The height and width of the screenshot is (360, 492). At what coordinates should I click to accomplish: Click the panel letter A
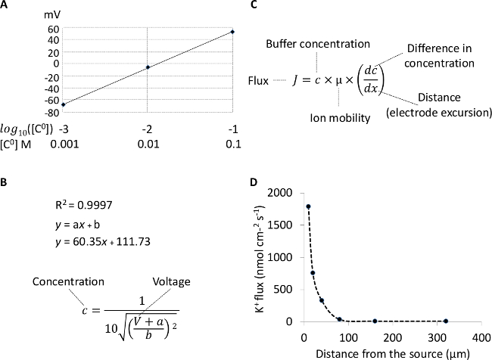pyautogui.click(x=5, y=5)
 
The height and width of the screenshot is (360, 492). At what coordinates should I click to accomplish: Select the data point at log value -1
pyautogui.click(x=232, y=32)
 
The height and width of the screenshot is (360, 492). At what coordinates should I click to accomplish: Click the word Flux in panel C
pyautogui.click(x=260, y=79)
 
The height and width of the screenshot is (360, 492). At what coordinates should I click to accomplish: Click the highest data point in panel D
pyautogui.click(x=309, y=206)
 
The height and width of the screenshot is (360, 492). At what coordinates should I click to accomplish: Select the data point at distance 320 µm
pyautogui.click(x=446, y=321)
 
